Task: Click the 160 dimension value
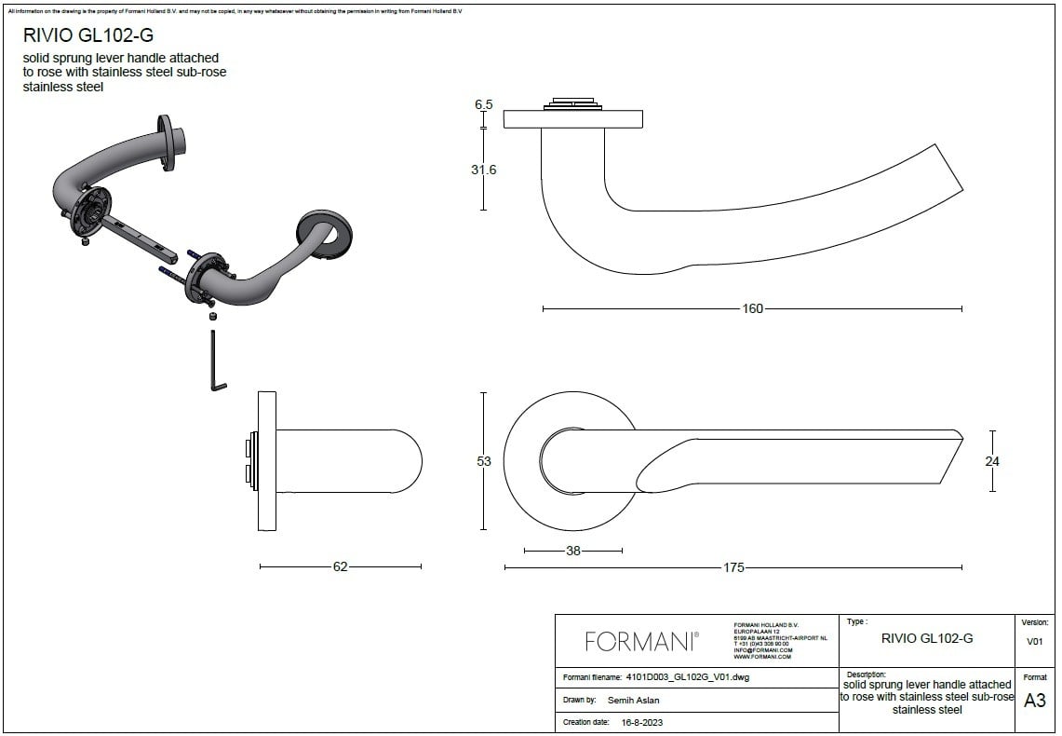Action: click(752, 308)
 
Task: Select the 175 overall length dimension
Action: click(733, 567)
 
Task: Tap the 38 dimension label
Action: click(573, 551)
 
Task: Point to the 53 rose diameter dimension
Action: click(484, 461)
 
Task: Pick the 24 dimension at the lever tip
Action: click(992, 461)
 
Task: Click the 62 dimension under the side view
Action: click(340, 566)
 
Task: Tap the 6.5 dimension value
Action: click(484, 104)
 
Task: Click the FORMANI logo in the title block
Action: click(641, 641)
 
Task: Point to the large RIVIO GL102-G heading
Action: click(88, 36)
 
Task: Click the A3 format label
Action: click(1034, 701)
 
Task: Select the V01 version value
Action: click(1034, 641)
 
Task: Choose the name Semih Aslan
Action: click(633, 700)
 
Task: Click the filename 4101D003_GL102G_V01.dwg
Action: click(688, 677)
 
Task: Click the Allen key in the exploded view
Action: click(216, 364)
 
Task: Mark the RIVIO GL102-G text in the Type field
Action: click(927, 638)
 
